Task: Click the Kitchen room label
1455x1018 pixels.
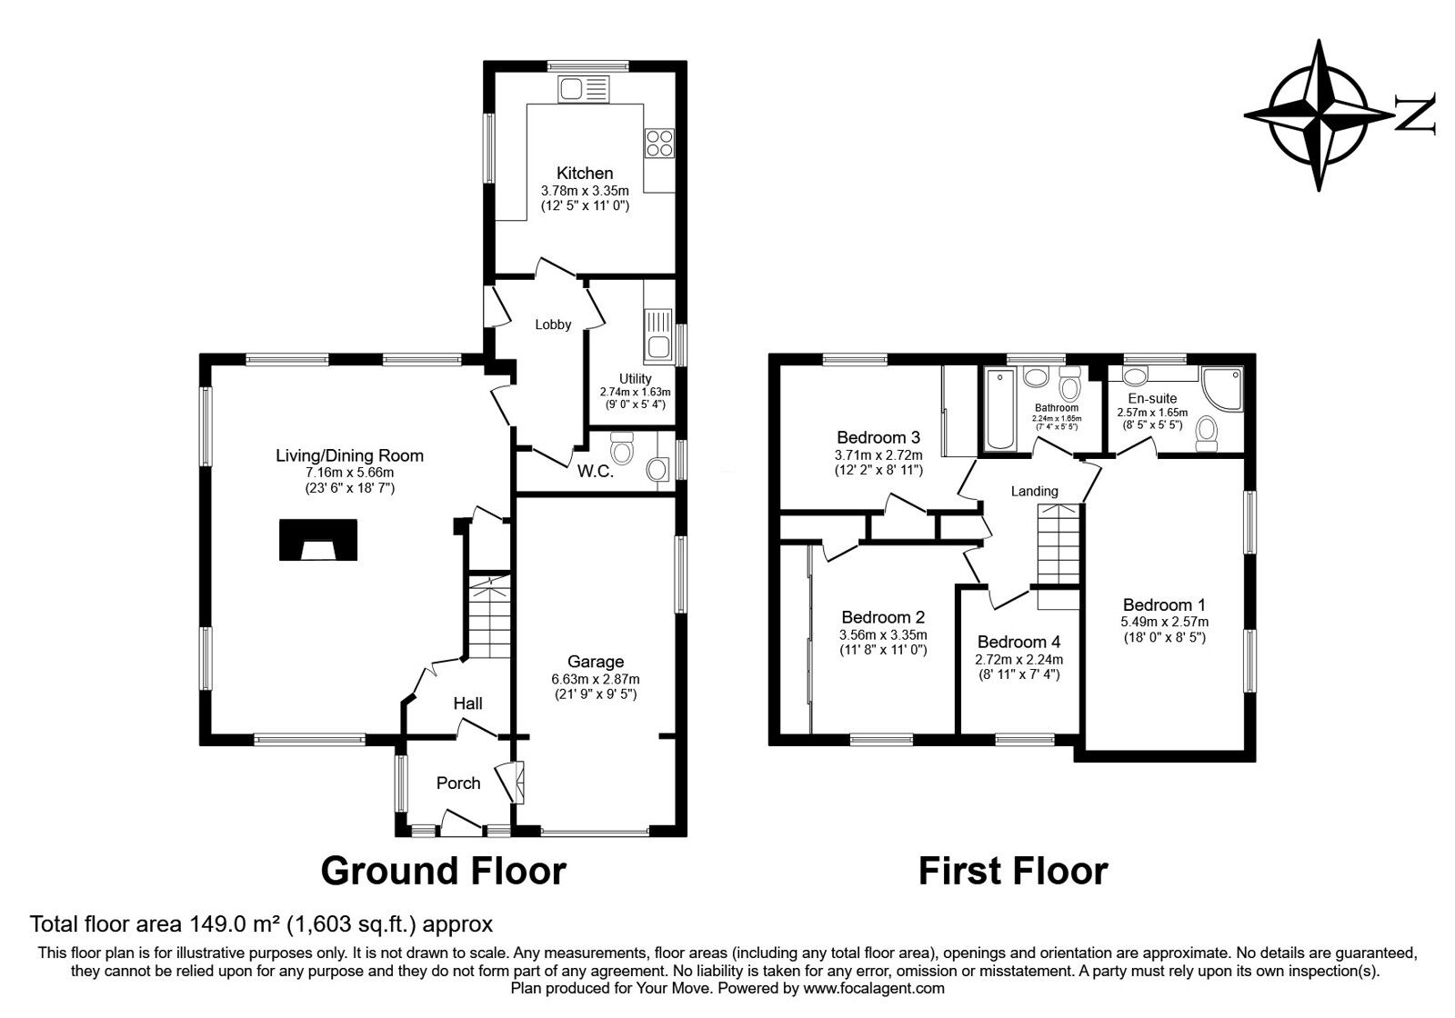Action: tap(585, 173)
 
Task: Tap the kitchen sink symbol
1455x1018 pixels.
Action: tap(583, 89)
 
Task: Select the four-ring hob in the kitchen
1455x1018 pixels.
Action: tap(659, 144)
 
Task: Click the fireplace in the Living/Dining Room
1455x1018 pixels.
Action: tap(317, 540)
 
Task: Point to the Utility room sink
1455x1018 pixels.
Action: tap(657, 334)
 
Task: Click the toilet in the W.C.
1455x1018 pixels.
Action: tap(623, 447)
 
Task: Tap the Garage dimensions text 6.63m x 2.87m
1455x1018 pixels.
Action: tap(595, 679)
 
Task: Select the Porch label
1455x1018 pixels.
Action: tap(457, 783)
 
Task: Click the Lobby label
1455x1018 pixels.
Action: tap(553, 324)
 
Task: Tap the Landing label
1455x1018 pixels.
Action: tap(1035, 491)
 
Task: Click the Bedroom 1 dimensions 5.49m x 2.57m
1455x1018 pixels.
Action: tap(1164, 622)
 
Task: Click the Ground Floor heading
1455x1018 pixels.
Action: tap(444, 871)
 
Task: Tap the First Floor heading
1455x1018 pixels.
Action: tap(1012, 871)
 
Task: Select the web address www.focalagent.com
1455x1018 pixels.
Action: tap(874, 988)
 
